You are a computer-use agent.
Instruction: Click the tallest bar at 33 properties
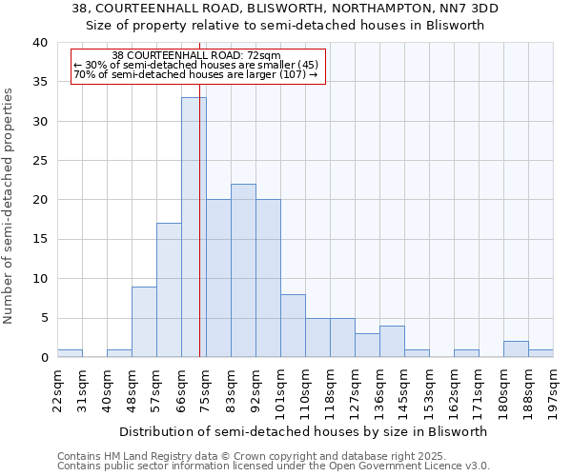194,228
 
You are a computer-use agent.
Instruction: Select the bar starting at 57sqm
169,290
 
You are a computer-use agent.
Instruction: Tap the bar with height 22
243,270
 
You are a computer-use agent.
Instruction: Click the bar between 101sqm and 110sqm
293,326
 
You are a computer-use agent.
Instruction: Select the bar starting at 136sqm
392,342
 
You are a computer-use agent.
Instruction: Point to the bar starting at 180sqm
516,349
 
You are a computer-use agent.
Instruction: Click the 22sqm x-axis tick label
57,389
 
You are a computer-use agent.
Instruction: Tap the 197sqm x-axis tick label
553,389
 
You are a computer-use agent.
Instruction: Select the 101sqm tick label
280,389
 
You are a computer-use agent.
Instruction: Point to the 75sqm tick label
206,389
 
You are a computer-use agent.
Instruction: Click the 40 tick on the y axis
39,43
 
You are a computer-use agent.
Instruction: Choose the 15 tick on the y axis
39,240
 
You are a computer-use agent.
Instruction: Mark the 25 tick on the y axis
39,161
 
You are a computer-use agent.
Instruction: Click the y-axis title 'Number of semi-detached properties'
9,205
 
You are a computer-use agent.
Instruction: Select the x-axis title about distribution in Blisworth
305,431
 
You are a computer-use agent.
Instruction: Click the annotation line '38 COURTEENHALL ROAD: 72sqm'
196,56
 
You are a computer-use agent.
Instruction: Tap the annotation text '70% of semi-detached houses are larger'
195,75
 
